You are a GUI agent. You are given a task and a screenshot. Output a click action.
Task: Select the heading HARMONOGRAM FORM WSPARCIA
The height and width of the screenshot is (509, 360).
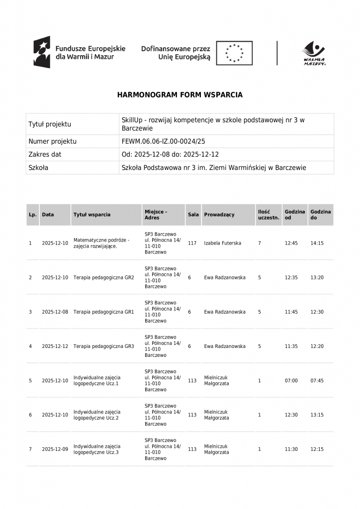click(180, 94)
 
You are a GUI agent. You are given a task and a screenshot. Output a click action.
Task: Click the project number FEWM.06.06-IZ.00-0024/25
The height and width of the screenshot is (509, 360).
click(163, 141)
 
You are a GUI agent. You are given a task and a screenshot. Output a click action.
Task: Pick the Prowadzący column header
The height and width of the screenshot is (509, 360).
click(219, 215)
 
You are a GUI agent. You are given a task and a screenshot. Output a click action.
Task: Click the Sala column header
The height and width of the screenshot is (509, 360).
click(193, 215)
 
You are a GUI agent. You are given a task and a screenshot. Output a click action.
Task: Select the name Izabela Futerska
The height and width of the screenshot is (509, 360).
click(222, 243)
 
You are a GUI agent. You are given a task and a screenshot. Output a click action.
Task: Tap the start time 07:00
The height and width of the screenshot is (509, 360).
click(291, 381)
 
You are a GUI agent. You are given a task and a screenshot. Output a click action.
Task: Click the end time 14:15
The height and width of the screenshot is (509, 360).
click(317, 243)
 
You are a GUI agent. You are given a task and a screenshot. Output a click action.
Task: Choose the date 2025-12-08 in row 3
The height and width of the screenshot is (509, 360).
click(55, 312)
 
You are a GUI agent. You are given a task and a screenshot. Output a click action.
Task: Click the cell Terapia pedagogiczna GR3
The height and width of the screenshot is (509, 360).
click(103, 346)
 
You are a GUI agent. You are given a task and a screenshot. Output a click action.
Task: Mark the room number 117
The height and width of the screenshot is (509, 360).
click(192, 243)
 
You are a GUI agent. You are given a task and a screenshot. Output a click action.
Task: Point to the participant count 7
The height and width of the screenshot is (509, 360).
click(259, 243)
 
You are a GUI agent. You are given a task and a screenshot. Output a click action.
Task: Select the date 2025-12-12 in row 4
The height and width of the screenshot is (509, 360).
click(55, 346)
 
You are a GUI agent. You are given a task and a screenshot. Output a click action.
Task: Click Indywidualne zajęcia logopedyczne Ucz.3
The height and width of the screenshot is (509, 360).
click(97, 449)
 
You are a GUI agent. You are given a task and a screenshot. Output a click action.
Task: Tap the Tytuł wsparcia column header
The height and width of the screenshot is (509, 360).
click(92, 215)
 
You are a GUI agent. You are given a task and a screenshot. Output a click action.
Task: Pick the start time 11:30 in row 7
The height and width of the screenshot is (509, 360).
click(291, 449)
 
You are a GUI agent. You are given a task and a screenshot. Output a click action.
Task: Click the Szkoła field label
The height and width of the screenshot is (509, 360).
click(38, 168)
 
